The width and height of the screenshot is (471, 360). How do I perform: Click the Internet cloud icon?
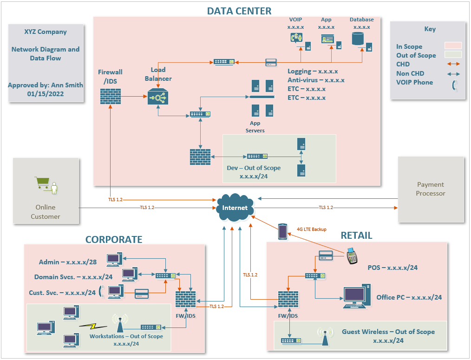click(x=235, y=207)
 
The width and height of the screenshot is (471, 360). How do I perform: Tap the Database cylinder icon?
click(x=358, y=39)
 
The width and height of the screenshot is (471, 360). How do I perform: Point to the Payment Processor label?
click(x=430, y=189)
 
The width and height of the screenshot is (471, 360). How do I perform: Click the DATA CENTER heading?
click(x=239, y=11)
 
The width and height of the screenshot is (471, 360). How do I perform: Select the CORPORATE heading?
click(x=113, y=239)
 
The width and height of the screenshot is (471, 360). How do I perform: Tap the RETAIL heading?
click(x=356, y=236)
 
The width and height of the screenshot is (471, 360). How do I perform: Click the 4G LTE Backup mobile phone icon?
click(x=283, y=232)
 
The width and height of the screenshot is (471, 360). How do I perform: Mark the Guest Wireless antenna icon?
click(x=325, y=337)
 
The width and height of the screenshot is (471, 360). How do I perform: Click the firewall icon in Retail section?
click(x=288, y=300)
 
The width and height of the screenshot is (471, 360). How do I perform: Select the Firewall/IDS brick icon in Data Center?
click(x=111, y=96)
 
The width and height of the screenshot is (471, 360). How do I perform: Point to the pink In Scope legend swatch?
click(x=452, y=46)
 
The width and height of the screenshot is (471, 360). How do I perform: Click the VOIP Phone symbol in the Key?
click(x=455, y=85)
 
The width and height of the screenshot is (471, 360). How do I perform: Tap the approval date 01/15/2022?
click(x=46, y=94)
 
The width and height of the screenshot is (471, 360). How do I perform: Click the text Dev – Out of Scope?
click(x=254, y=168)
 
